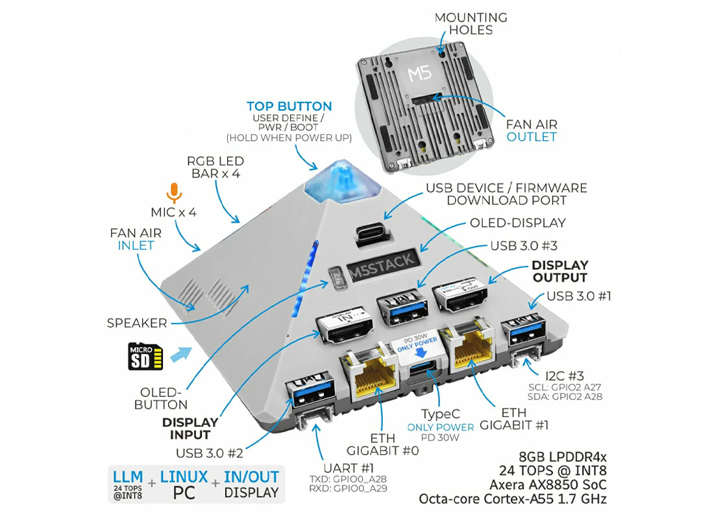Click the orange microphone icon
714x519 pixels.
click(x=173, y=192)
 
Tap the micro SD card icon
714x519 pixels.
click(x=145, y=356)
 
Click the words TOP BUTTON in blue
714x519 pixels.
click(x=289, y=106)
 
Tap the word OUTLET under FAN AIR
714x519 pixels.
click(x=532, y=136)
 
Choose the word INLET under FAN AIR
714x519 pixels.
click(x=136, y=245)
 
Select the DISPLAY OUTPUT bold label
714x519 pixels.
click(x=560, y=271)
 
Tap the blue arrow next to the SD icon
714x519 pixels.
click(x=182, y=354)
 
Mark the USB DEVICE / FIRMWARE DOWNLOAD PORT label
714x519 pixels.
click(x=506, y=194)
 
